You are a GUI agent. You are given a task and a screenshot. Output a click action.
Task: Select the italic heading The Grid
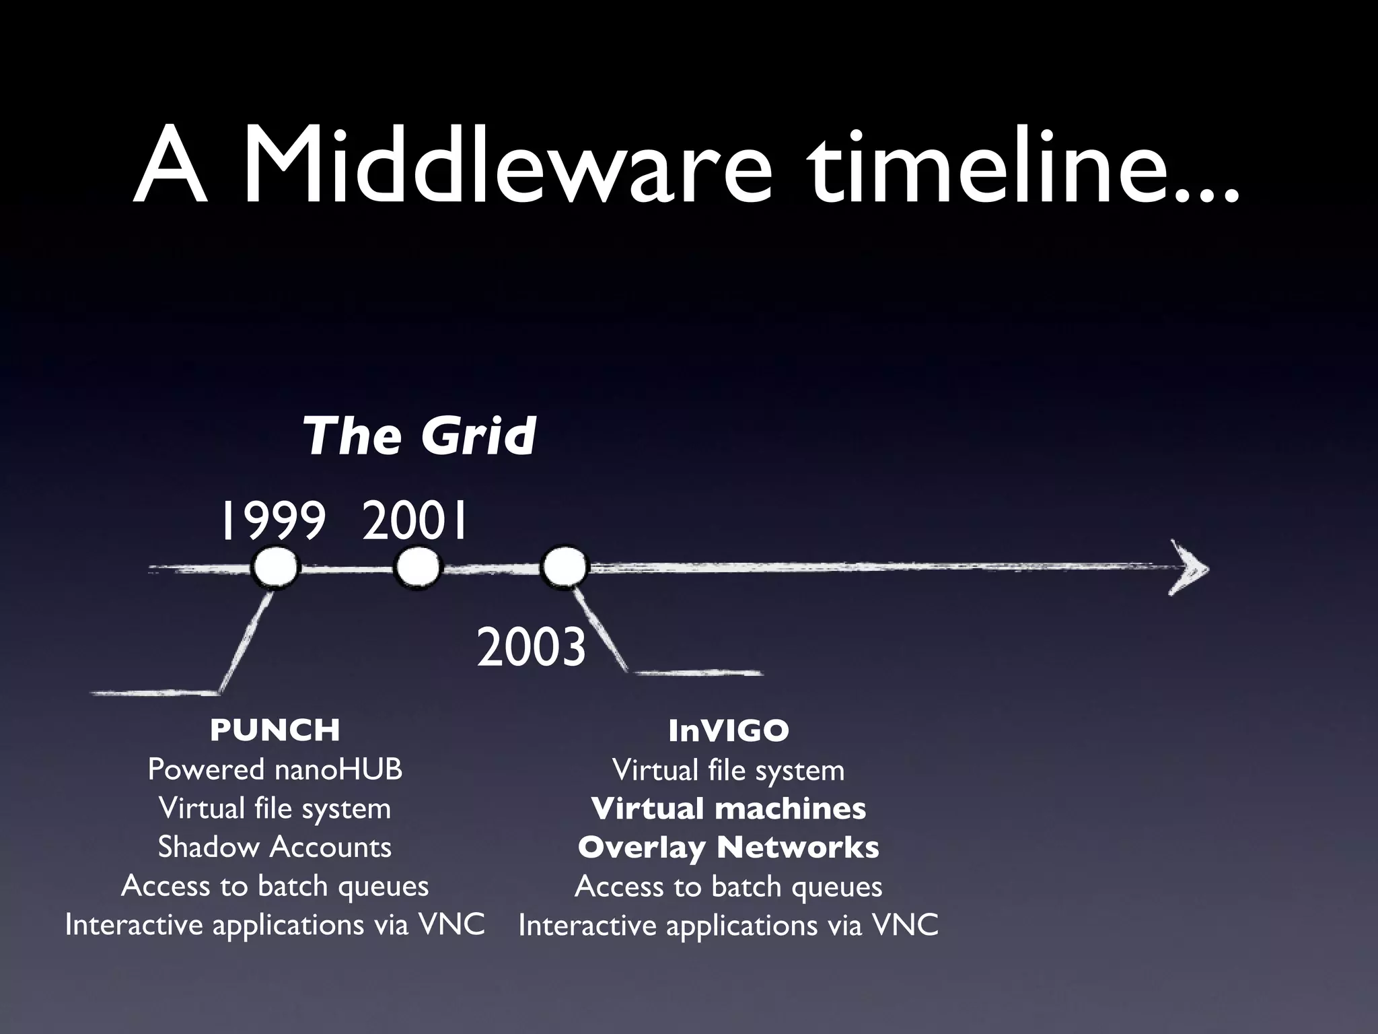[x=419, y=436]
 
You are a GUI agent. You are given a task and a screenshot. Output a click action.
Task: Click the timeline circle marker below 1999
[x=275, y=569]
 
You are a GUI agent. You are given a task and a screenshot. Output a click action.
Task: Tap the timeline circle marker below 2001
[x=417, y=569]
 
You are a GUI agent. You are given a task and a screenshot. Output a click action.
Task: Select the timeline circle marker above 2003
[x=565, y=569]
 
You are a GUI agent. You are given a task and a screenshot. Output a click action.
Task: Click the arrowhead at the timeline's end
[x=1190, y=569]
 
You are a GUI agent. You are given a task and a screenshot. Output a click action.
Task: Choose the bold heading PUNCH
[x=275, y=730]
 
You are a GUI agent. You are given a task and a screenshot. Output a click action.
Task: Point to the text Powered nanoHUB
[x=275, y=769]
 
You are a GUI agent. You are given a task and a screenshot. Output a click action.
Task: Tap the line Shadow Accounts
[x=275, y=847]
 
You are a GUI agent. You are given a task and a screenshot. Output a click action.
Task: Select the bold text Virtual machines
[x=729, y=808]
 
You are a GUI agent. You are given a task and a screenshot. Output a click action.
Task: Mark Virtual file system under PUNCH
[x=275, y=808]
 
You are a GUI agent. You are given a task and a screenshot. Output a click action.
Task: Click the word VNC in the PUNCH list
[x=451, y=924]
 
